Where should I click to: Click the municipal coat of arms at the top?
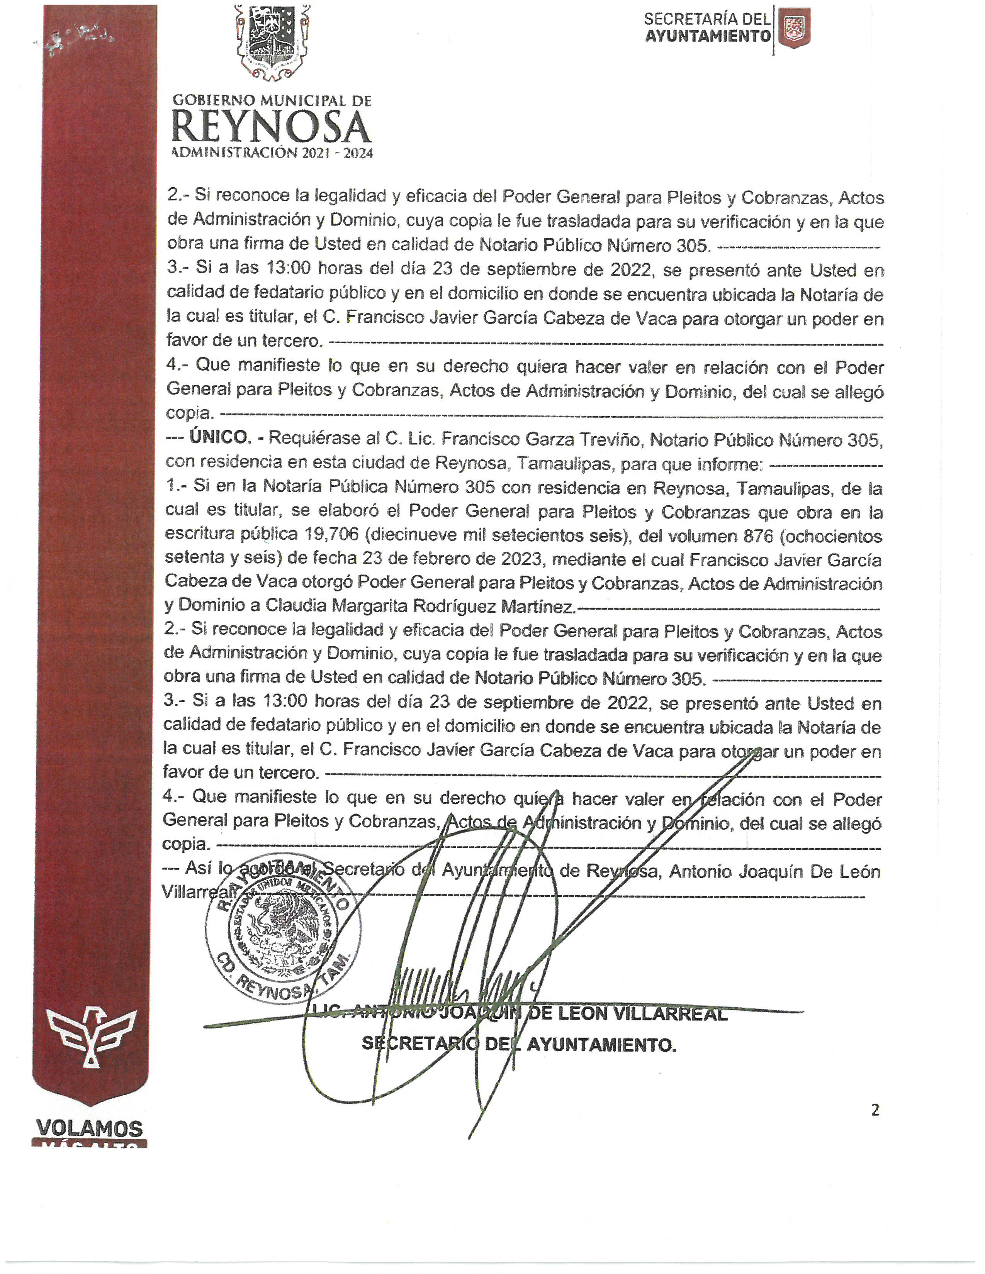272,42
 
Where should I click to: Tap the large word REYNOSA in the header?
272,127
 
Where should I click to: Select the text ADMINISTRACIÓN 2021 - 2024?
272,153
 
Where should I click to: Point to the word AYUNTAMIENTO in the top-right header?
708,36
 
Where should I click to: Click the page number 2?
875,1110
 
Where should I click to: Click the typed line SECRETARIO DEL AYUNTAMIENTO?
519,1044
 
